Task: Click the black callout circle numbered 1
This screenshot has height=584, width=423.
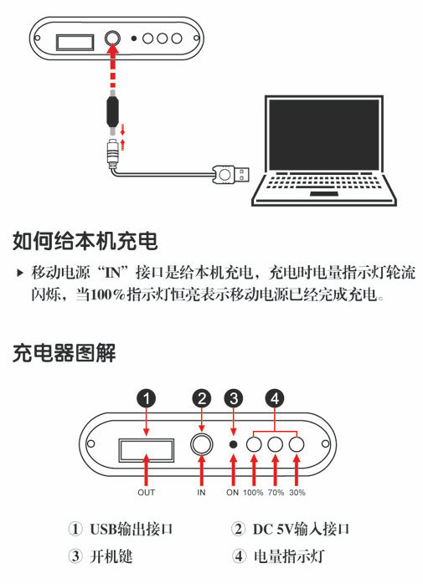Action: click(147, 398)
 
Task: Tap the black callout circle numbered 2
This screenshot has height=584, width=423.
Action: click(201, 398)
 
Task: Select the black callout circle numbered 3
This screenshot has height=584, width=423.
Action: click(234, 398)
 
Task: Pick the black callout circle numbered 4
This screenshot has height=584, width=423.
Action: click(275, 398)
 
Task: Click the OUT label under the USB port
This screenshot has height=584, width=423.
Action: click(147, 492)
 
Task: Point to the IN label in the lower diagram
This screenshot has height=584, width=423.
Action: click(201, 492)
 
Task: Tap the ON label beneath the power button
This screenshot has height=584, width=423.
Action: click(232, 492)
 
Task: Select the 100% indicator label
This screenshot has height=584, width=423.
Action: click(253, 492)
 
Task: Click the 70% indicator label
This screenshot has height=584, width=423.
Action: click(276, 492)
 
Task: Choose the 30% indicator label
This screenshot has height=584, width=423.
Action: click(297, 492)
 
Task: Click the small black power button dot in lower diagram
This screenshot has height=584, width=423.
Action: click(233, 444)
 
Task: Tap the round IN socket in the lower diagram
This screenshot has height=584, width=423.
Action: click(201, 444)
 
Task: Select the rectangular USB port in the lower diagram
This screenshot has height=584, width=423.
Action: click(147, 450)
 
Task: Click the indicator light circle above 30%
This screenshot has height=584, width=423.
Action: click(297, 444)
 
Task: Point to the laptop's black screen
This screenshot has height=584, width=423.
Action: click(324, 135)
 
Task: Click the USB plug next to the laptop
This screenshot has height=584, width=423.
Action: click(231, 174)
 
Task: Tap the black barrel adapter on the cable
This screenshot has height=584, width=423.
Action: click(112, 112)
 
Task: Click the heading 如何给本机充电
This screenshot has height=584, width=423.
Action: click(85, 241)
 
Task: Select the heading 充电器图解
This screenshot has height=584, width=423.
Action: click(64, 353)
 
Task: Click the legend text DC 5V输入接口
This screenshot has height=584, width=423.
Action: click(301, 529)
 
